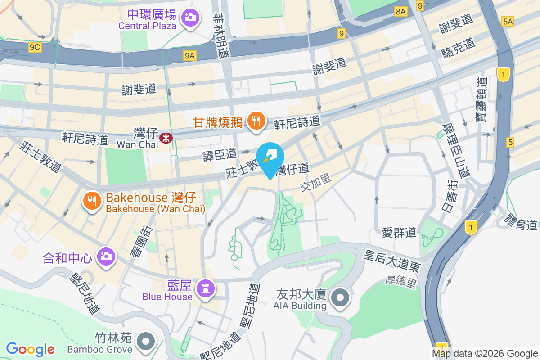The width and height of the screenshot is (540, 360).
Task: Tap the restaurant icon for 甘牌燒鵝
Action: pyautogui.click(x=256, y=121)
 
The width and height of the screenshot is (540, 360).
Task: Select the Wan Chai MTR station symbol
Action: pyautogui.click(x=166, y=137)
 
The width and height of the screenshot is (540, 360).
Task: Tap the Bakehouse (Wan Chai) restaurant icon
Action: pyautogui.click(x=92, y=201)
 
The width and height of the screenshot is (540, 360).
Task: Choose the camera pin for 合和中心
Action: pyautogui.click(x=106, y=257)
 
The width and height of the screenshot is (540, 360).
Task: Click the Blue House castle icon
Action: pyautogui.click(x=206, y=288)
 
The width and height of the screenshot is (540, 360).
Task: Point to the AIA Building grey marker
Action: pyautogui.click(x=340, y=298)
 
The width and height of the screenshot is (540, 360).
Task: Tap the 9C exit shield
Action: pyautogui.click(x=34, y=47)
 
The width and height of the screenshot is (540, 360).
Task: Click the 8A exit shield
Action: pyautogui.click(x=400, y=12)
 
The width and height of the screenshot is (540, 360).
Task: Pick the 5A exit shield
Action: pyautogui.click(x=508, y=21)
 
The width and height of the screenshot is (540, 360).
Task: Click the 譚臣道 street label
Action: pyautogui.click(x=220, y=155)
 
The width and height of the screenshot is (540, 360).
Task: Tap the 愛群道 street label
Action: pyautogui.click(x=399, y=232)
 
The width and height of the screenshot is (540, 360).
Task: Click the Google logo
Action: pyautogui.click(x=31, y=349)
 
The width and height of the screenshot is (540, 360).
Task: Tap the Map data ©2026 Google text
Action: pyautogui.click(x=485, y=353)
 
